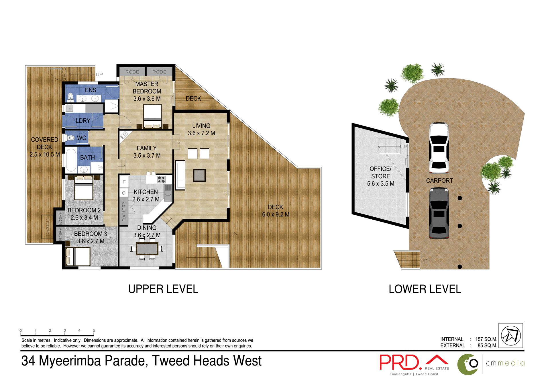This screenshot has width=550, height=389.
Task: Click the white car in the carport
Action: click(439, 148)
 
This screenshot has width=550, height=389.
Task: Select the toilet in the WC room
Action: click(70, 138)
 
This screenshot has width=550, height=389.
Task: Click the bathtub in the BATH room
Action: click(71, 160)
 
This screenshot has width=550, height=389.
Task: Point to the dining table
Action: click(147, 249)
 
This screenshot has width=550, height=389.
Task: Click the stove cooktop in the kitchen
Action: click(161, 180)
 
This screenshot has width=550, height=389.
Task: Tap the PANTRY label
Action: click(124, 211)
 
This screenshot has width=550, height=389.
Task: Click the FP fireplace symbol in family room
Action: click(124, 135)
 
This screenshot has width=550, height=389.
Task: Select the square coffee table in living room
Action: click(199, 175)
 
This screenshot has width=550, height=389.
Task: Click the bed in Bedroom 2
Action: click(84, 188)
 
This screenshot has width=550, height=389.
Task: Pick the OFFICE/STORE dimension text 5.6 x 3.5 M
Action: click(380, 184)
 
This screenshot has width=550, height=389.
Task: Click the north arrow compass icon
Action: click(510, 335)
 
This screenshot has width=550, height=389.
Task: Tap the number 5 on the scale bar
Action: click(94, 331)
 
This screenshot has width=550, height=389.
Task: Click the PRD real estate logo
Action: click(400, 363)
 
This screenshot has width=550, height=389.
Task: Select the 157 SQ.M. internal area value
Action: click(486, 339)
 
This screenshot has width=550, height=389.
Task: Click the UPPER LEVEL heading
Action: click(163, 289)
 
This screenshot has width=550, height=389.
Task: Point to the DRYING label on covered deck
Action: click(48, 226)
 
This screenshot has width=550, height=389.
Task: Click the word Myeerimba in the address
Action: click(70, 361)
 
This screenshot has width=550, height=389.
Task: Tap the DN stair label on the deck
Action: click(234, 234)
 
